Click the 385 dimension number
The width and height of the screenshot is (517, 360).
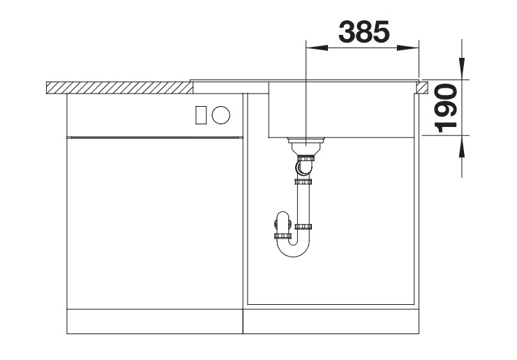pyautogui.click(x=364, y=31)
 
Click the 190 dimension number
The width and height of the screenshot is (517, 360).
pyautogui.click(x=446, y=108)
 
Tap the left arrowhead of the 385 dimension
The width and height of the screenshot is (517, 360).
pyautogui.click(x=317, y=48)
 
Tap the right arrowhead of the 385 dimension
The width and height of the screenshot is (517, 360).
pyautogui.click(x=408, y=48)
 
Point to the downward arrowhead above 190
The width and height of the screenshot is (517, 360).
pyautogui.click(x=462, y=68)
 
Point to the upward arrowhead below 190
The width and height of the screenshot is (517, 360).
pyautogui.click(x=462, y=146)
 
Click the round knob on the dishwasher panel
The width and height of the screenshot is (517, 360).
pyautogui.click(x=221, y=115)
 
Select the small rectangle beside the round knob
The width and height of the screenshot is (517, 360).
pyautogui.click(x=201, y=115)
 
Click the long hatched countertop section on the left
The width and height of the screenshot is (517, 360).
pyautogui.click(x=119, y=88)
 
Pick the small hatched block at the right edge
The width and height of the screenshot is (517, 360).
pyautogui.click(x=422, y=88)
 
